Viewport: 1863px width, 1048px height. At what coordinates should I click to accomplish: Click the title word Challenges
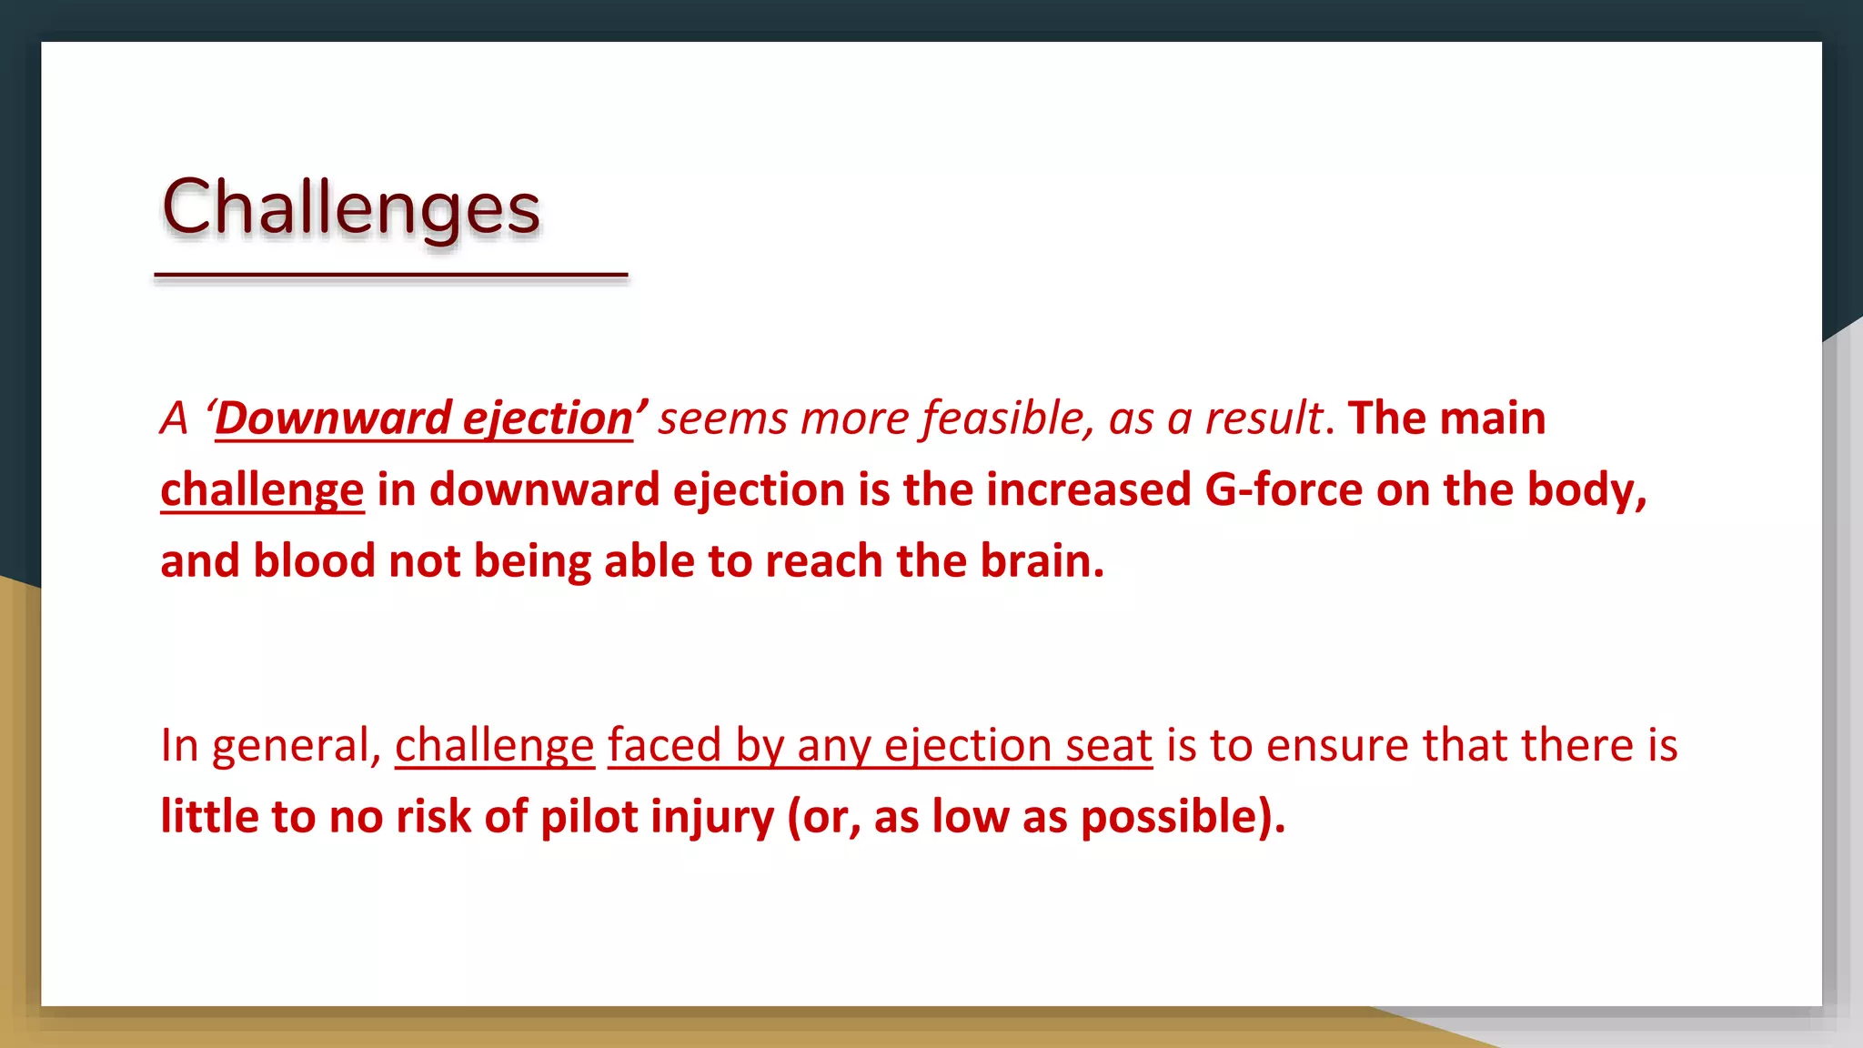click(351, 207)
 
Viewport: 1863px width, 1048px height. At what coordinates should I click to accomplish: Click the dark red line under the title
click(391, 274)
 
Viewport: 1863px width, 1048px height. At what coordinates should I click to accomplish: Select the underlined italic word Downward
click(333, 418)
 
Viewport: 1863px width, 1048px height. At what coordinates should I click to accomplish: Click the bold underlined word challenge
click(262, 489)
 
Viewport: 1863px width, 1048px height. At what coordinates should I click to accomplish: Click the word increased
click(1088, 489)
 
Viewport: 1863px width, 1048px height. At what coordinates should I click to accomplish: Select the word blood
click(314, 560)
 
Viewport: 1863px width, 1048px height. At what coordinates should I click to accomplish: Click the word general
click(294, 746)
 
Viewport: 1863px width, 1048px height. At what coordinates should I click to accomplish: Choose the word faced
click(664, 745)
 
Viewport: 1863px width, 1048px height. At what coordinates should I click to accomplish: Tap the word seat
click(1109, 745)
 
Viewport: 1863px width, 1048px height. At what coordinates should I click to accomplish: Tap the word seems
click(721, 418)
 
